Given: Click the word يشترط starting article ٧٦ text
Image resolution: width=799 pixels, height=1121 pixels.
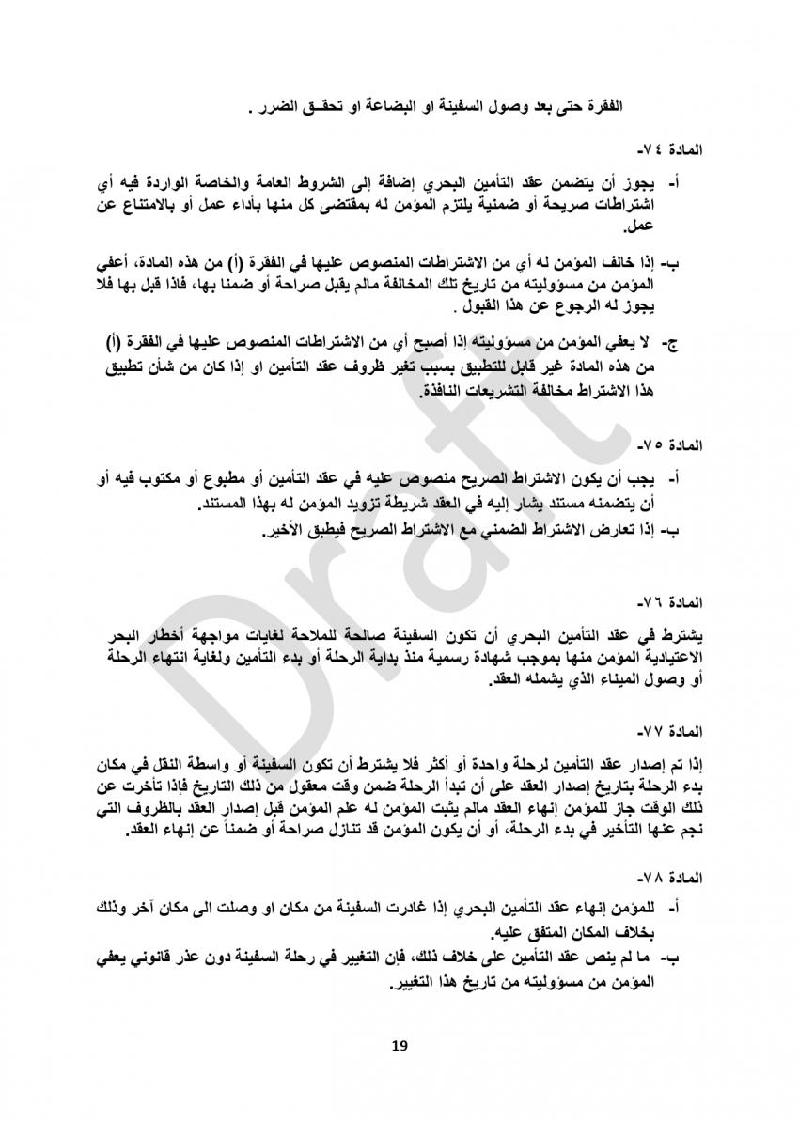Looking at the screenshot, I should (676, 629).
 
